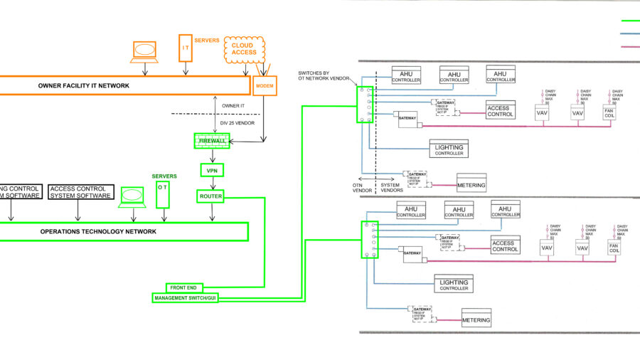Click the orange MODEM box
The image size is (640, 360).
[264, 85]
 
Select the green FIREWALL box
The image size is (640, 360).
[211, 141]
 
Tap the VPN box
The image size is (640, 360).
[211, 170]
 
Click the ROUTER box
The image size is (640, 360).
[211, 196]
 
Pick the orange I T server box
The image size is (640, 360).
[186, 48]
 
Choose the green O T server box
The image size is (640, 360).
[164, 194]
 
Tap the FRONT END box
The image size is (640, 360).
[185, 287]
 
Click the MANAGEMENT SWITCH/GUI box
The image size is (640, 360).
[185, 298]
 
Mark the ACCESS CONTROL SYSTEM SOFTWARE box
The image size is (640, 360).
[80, 192]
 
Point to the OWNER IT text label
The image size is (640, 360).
[234, 105]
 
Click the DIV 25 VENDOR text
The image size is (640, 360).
[238, 122]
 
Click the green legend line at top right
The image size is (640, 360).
[630, 21]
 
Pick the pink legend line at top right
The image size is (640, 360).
[630, 46]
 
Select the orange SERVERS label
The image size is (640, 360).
[208, 40]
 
